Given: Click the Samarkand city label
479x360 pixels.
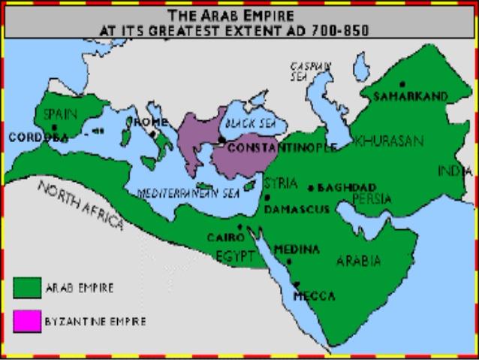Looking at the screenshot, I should click(411, 96).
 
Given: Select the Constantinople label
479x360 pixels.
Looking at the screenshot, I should click(282, 147).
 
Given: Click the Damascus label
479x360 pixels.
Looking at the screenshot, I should click(296, 208).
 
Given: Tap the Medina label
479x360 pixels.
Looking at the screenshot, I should click(297, 249).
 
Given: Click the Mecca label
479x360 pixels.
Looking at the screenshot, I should click(314, 296).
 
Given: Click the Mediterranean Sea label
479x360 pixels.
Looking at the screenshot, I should click(187, 192).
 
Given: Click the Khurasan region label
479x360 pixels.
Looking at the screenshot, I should click(388, 141).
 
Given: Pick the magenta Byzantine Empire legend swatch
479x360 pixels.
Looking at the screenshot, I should click(28, 320).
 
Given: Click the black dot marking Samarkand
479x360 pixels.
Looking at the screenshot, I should click(403, 83).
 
